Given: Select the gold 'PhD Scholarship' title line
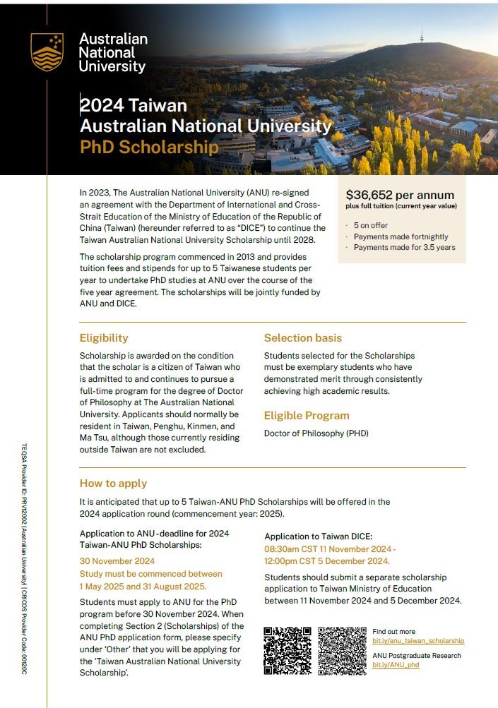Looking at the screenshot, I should click(149, 147).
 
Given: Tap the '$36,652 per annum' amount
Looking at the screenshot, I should click(400, 195).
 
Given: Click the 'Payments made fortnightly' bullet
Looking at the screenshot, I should click(401, 236).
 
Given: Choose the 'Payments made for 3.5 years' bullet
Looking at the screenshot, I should click(404, 247).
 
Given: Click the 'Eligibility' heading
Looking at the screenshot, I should click(104, 338).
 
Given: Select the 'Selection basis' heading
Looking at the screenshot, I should click(302, 338).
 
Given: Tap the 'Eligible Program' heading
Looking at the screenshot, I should click(307, 416).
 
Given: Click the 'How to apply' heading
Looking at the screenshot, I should click(113, 484).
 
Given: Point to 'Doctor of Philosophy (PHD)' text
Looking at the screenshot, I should click(316, 433).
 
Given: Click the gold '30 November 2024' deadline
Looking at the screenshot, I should click(117, 561).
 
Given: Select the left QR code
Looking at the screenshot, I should click(287, 651).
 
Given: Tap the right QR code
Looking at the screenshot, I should click(342, 651).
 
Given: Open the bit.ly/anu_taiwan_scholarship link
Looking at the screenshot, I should click(418, 641).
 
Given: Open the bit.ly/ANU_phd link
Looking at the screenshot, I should click(396, 665).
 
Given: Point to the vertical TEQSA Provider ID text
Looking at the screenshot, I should click(24, 558).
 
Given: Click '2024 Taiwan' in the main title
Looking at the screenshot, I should click(134, 106).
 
